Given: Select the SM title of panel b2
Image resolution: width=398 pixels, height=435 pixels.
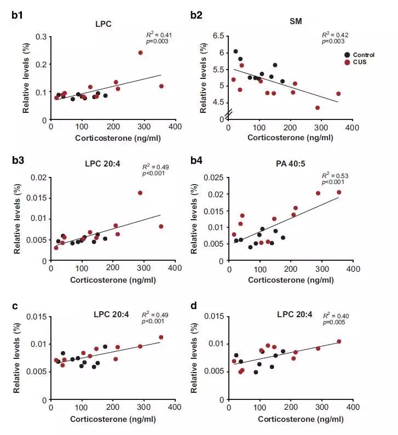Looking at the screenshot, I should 296,21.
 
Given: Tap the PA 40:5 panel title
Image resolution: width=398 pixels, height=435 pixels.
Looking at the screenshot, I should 296,162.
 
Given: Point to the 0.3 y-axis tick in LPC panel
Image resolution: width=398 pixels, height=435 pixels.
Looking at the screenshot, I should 40,37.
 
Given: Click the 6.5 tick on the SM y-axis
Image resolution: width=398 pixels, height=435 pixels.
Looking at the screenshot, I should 219,36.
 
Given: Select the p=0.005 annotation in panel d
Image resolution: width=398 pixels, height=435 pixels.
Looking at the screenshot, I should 334,323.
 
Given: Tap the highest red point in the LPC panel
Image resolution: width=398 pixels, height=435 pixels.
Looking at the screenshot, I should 141,53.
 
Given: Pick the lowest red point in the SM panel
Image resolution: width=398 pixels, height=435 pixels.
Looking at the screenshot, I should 318,107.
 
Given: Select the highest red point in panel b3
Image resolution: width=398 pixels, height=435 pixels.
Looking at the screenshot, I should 140,193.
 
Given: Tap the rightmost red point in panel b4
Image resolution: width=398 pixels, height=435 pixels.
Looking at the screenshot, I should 339,192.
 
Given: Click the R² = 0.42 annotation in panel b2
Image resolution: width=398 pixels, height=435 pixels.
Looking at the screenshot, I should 334,34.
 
